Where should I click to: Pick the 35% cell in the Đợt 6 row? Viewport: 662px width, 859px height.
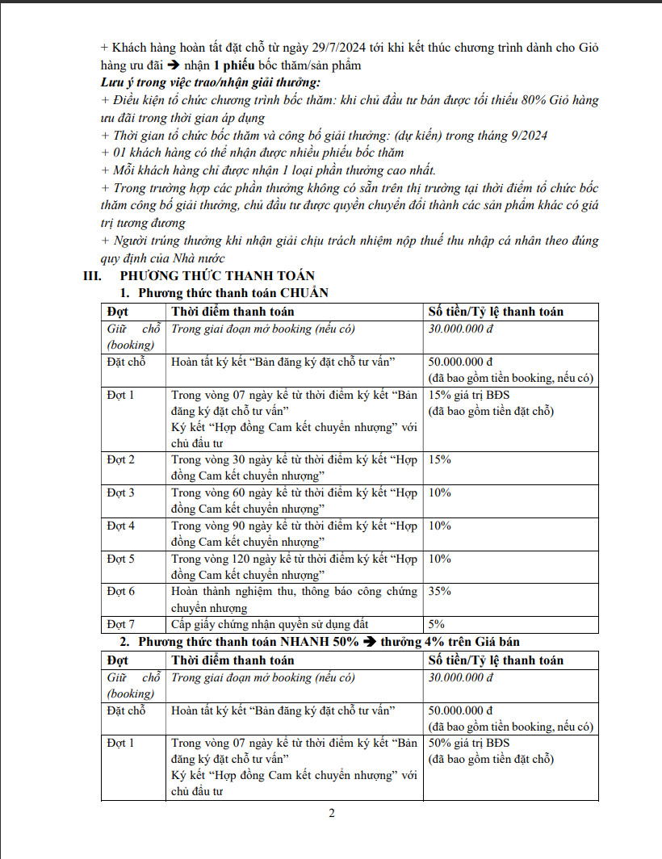pyautogui.click(x=440, y=591)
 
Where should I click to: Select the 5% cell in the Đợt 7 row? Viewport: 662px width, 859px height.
pyautogui.click(x=436, y=624)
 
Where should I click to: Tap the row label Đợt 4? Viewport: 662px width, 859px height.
pyautogui.click(x=121, y=526)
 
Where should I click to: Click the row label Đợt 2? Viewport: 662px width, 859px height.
pyautogui.click(x=121, y=459)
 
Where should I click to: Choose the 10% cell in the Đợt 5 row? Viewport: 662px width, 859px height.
pyautogui.click(x=440, y=559)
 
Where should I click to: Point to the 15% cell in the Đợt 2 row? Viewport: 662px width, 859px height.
pyautogui.click(x=440, y=459)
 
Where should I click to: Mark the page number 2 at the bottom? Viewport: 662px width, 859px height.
pyautogui.click(x=331, y=813)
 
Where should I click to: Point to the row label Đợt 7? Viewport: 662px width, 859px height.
pyautogui.click(x=121, y=624)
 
